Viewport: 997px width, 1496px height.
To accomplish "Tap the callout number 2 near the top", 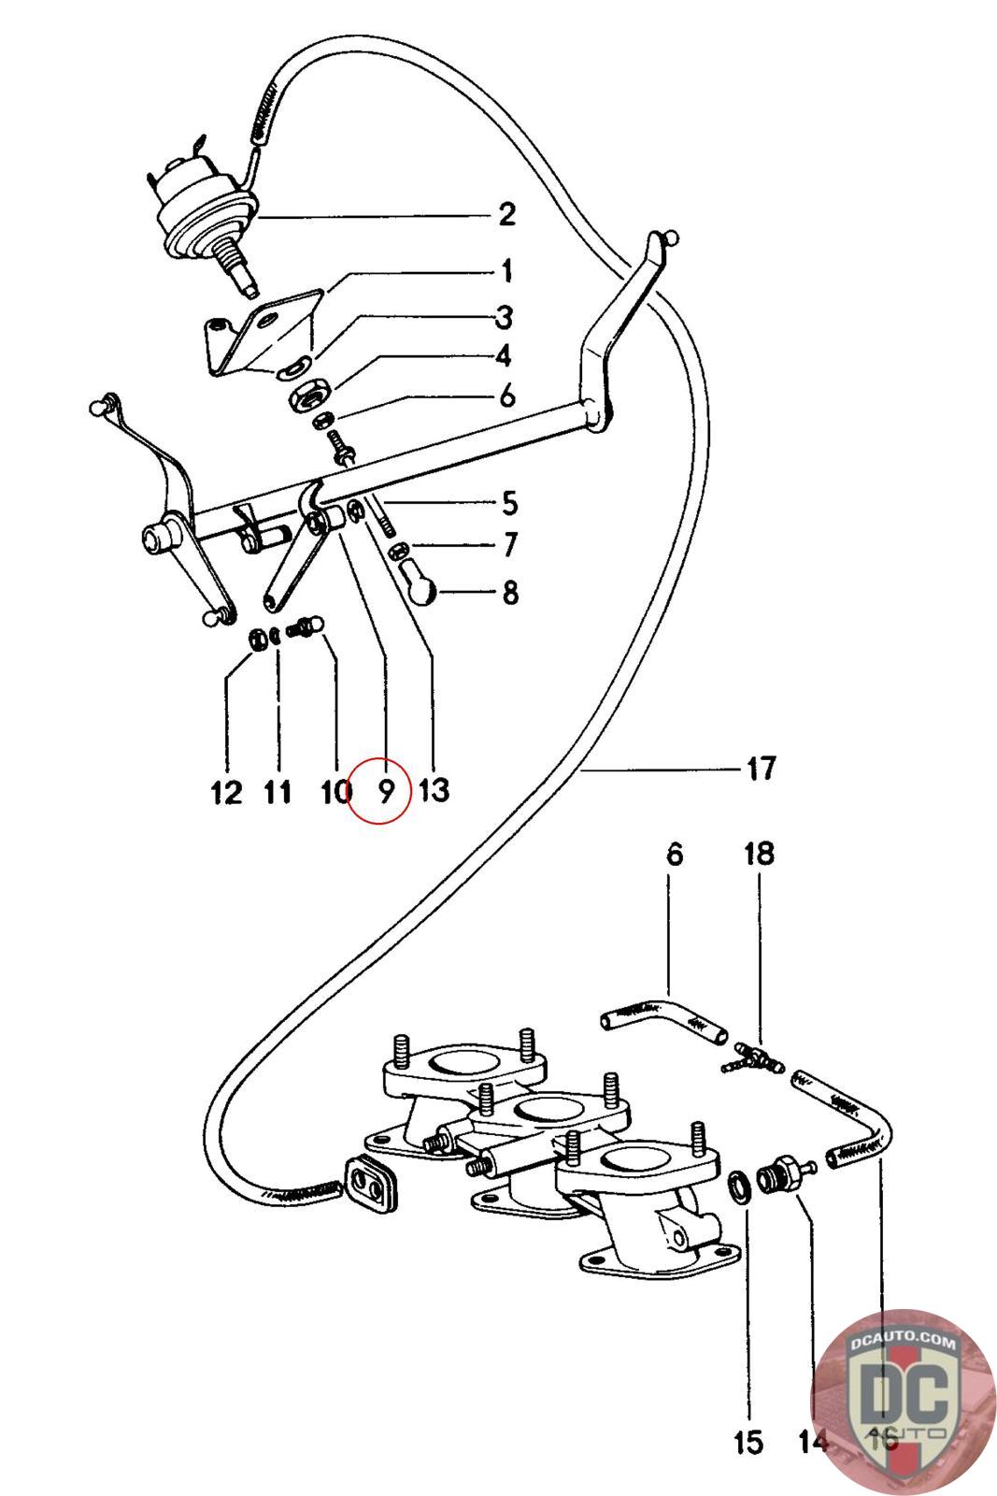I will click(506, 215).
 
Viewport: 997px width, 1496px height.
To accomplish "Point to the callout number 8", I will click(509, 592).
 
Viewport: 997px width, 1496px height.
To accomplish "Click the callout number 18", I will click(759, 854).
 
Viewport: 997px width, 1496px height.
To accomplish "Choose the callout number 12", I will click(226, 793).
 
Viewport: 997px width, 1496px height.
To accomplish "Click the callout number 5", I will click(509, 503).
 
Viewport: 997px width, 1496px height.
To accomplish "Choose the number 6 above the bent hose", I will click(674, 854).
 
